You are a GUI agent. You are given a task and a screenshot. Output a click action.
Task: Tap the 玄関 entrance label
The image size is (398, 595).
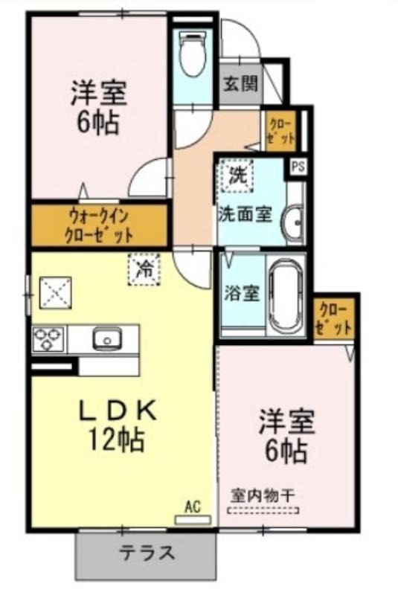[x=240, y=84]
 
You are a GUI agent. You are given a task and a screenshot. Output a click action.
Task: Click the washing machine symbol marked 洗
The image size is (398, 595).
[x=237, y=176]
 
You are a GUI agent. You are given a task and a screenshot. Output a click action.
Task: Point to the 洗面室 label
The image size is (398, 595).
[x=245, y=215]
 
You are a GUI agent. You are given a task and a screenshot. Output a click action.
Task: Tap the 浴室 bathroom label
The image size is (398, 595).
[x=242, y=293]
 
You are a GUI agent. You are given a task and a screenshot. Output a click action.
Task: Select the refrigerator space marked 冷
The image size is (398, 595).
[x=144, y=269]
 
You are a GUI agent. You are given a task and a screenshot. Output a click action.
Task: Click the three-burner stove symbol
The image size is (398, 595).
[x=48, y=338]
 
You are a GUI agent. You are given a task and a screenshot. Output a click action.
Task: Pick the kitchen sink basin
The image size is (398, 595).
[x=106, y=338]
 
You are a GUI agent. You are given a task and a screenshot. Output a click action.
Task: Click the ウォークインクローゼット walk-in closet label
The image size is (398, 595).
[x=99, y=226]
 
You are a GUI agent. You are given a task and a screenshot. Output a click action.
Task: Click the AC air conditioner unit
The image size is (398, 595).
[x=193, y=520]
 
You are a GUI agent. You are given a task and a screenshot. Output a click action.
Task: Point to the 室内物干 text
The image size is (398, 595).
[x=263, y=495]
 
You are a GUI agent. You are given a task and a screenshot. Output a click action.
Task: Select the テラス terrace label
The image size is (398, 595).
[x=147, y=553]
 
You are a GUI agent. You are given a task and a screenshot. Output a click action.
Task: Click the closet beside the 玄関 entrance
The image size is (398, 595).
[x=280, y=130]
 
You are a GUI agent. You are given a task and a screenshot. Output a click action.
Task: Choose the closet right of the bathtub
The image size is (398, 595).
[x=334, y=318]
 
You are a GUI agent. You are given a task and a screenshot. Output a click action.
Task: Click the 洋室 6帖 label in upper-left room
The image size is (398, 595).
[x=99, y=107]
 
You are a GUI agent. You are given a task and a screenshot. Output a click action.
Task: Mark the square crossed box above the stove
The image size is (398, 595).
[x=56, y=292]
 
